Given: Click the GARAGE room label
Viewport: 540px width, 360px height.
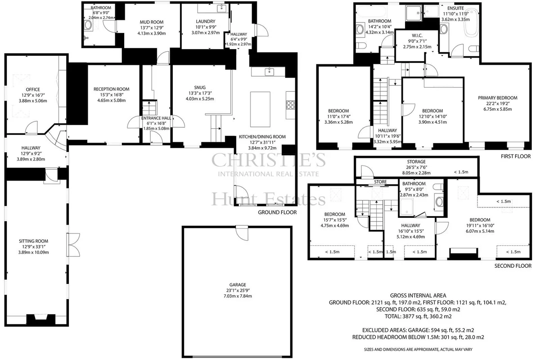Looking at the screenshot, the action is [238, 285].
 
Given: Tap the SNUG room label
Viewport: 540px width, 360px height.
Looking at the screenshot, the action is [200, 88].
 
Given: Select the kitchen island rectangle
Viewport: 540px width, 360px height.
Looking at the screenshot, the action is [260, 109].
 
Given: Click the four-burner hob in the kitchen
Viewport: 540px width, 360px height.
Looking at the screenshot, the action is [291, 105].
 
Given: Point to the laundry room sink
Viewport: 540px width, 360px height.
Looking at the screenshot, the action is [221, 8].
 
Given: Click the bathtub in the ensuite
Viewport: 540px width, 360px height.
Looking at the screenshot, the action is [471, 22].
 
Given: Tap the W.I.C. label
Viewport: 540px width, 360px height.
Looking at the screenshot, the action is [417, 36].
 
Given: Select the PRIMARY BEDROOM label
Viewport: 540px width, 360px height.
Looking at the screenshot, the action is [498, 98].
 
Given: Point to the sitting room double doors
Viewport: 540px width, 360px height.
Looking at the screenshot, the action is [73, 245].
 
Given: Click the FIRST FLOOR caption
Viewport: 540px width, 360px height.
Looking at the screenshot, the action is [516, 156].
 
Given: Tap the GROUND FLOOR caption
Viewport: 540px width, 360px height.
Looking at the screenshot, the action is [277, 212].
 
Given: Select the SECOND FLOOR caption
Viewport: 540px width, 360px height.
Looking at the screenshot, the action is [513, 265].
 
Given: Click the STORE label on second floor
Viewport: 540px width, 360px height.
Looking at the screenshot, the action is [380, 182].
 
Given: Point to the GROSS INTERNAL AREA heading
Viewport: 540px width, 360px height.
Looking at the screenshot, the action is [418, 295].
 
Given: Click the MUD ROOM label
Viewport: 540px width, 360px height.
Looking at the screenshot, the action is [152, 22].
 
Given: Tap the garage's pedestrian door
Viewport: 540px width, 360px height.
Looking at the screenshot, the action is [242, 233].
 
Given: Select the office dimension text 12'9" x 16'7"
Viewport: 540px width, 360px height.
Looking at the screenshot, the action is [33, 95].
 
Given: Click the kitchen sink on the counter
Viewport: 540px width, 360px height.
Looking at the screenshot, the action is [269, 72].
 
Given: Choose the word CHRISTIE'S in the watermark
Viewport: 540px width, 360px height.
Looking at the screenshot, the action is [269, 160].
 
